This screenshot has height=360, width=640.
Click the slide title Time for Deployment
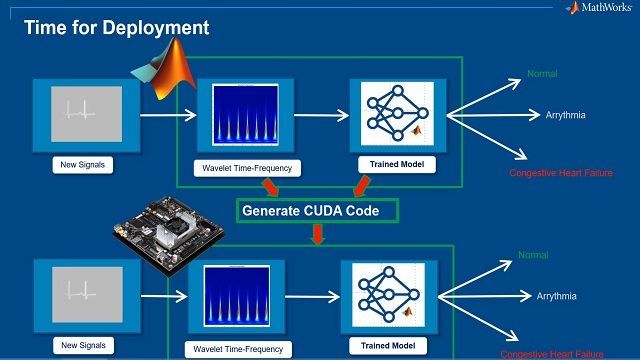coord(117,28)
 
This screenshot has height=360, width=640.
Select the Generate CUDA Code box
coord(317,211)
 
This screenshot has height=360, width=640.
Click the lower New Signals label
coord(81,346)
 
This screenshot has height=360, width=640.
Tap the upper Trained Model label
coord(390,163)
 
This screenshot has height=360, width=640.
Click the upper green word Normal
coord(543,74)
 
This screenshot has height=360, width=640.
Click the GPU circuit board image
coord(165,239)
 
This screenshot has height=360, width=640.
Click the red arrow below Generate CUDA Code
coord(317,235)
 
